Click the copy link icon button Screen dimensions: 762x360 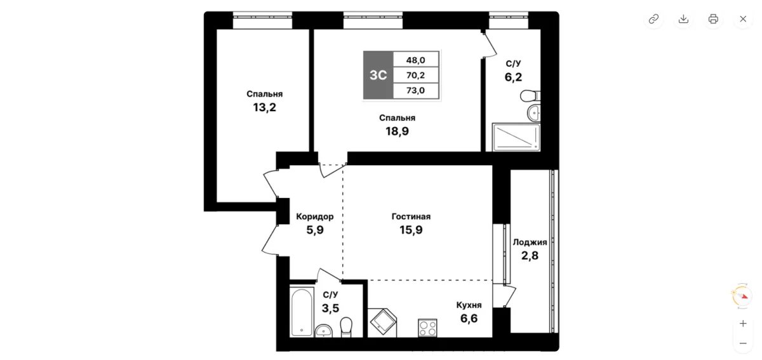(653, 19)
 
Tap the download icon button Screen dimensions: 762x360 (683, 19)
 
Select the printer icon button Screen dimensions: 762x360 (713, 19)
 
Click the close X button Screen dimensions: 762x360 (743, 19)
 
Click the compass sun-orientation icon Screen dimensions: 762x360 (742, 296)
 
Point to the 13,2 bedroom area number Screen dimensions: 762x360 (264, 107)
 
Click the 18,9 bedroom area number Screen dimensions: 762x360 (397, 131)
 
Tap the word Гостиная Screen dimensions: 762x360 (411, 217)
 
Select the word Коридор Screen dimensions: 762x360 (315, 217)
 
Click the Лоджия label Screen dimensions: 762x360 (530, 243)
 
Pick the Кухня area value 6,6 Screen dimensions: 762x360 (469, 319)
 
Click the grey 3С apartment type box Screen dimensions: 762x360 (378, 75)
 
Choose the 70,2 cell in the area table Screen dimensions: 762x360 (416, 75)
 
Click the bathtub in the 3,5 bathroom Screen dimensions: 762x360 (302, 312)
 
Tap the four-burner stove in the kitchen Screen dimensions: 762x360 (427, 328)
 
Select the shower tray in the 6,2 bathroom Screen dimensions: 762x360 (516, 137)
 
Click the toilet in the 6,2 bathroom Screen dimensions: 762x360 (530, 96)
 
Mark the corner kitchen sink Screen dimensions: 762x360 (383, 321)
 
